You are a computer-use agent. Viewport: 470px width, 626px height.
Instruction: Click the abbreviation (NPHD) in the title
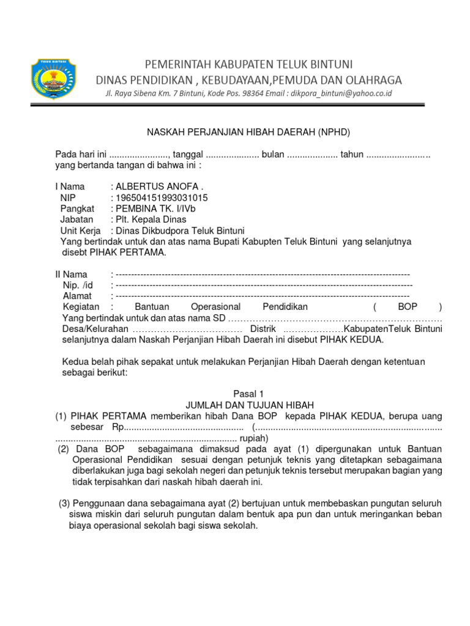(333, 131)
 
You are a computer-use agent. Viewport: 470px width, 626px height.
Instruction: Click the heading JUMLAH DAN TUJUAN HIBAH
(249, 405)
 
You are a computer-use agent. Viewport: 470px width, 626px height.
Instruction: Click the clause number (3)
(64, 503)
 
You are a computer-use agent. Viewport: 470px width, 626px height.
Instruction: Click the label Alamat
(77, 296)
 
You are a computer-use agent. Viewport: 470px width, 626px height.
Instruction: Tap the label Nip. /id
(78, 285)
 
